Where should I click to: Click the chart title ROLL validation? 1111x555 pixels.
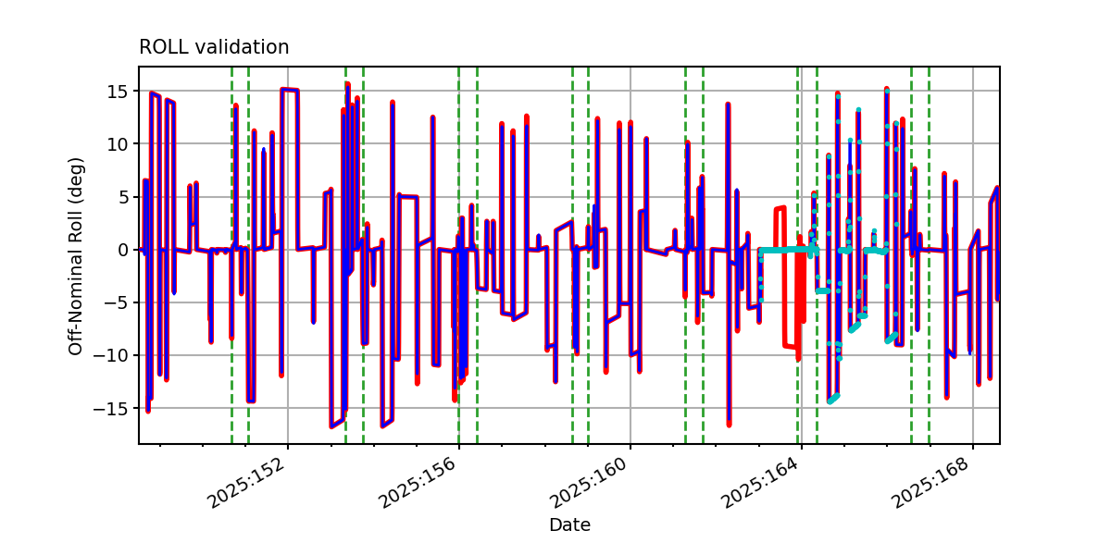[214, 47]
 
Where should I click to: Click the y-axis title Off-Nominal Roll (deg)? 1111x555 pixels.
[75, 256]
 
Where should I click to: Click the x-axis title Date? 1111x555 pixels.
[570, 524]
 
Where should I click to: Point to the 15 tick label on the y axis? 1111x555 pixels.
[117, 92]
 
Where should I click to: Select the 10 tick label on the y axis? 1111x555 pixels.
[117, 144]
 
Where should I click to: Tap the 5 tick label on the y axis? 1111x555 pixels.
[122, 197]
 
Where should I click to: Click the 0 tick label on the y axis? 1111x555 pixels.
[122, 250]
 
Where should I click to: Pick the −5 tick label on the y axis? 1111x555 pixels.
[116, 302]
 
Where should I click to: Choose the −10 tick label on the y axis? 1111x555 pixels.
[110, 356]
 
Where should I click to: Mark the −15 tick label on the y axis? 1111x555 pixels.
[110, 408]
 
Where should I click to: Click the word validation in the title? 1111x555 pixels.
[242, 47]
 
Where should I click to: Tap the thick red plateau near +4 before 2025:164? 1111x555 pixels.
[780, 209]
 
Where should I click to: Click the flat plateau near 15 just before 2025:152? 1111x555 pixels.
[289, 90]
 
